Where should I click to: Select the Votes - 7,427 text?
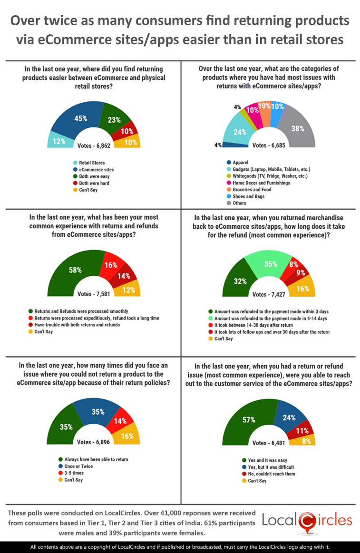[269, 294]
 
